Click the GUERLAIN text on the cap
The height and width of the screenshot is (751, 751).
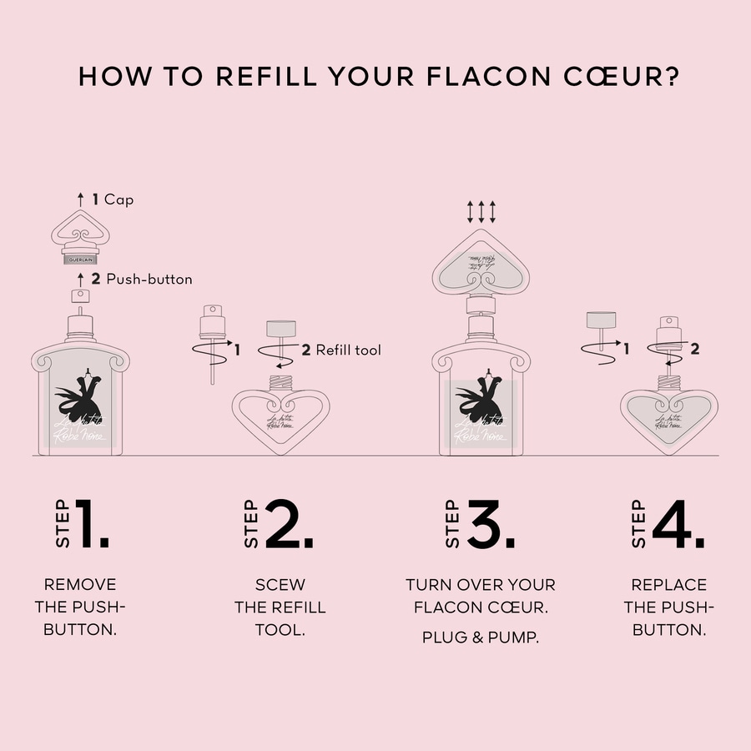tap(81, 257)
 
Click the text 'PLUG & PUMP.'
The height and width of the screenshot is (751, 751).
tap(480, 638)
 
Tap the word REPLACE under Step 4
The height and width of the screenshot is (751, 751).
tap(668, 585)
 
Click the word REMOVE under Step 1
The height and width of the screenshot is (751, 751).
tap(80, 585)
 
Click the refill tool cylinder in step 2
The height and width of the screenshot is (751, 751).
tap(281, 329)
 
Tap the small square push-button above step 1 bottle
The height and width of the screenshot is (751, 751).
tap(81, 295)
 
